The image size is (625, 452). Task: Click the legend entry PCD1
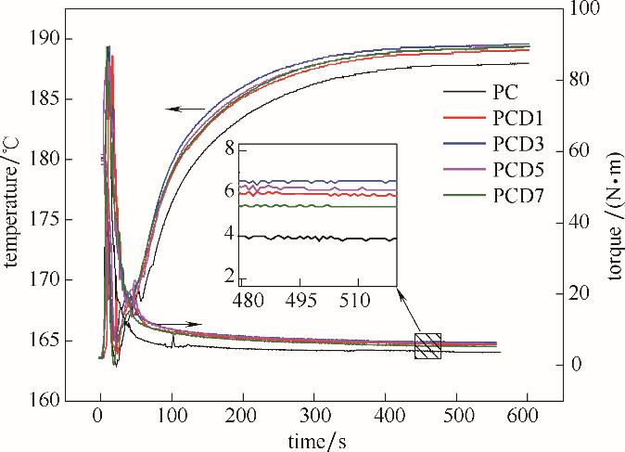point(518,119)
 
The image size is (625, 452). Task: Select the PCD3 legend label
point(518,145)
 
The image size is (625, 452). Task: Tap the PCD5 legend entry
point(518,170)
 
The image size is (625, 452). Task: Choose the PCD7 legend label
point(518,195)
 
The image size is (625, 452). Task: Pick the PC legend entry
point(505,93)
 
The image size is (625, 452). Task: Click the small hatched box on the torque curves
point(427,345)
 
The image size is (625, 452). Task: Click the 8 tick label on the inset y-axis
point(229,147)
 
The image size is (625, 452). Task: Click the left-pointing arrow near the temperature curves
point(185,110)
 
